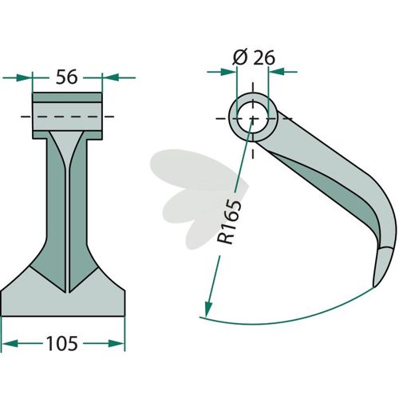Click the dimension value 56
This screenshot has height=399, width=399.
click(x=66, y=77)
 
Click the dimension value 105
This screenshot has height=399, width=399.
click(x=62, y=343)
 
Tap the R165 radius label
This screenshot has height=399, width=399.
click(x=229, y=222)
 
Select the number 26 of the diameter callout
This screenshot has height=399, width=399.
click(x=264, y=57)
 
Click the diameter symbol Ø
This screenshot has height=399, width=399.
click(x=240, y=57)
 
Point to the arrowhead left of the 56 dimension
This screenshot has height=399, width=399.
click(x=24, y=77)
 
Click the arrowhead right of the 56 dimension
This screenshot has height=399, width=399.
click(x=110, y=77)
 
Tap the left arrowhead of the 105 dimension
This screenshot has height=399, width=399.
click(x=10, y=343)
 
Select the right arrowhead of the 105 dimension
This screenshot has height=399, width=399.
click(x=117, y=343)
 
